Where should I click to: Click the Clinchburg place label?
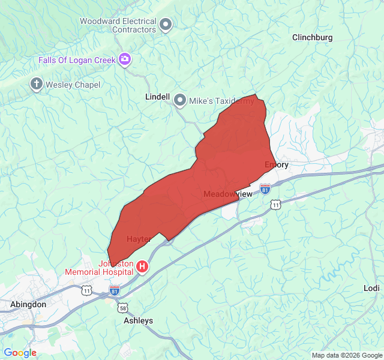(312, 37)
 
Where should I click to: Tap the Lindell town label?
(158, 97)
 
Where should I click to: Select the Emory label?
(277, 164)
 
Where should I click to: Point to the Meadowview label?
(229, 194)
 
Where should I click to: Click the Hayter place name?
(139, 239)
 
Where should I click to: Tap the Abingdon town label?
(28, 304)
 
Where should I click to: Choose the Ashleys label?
(138, 320)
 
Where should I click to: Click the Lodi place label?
(371, 288)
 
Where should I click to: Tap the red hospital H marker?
(142, 266)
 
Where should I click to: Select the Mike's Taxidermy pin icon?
(180, 101)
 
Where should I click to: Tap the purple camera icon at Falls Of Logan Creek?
(125, 59)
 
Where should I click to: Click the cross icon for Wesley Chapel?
(37, 84)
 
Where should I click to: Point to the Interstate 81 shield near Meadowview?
(265, 190)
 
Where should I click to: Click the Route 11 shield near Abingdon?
(87, 290)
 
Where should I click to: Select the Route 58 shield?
(123, 308)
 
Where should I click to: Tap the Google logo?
(20, 353)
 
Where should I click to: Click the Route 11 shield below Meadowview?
(275, 205)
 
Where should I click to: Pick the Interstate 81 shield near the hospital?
(115, 291)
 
